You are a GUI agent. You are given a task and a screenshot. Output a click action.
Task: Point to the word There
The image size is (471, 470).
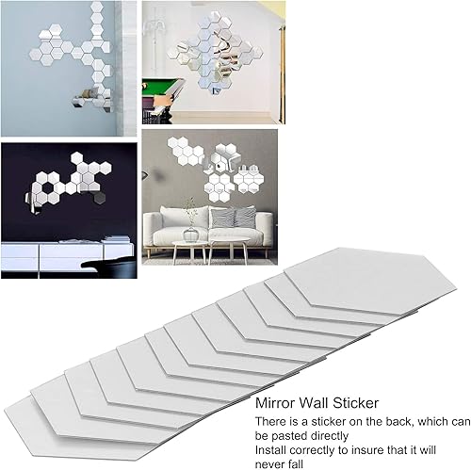click(273, 421)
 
